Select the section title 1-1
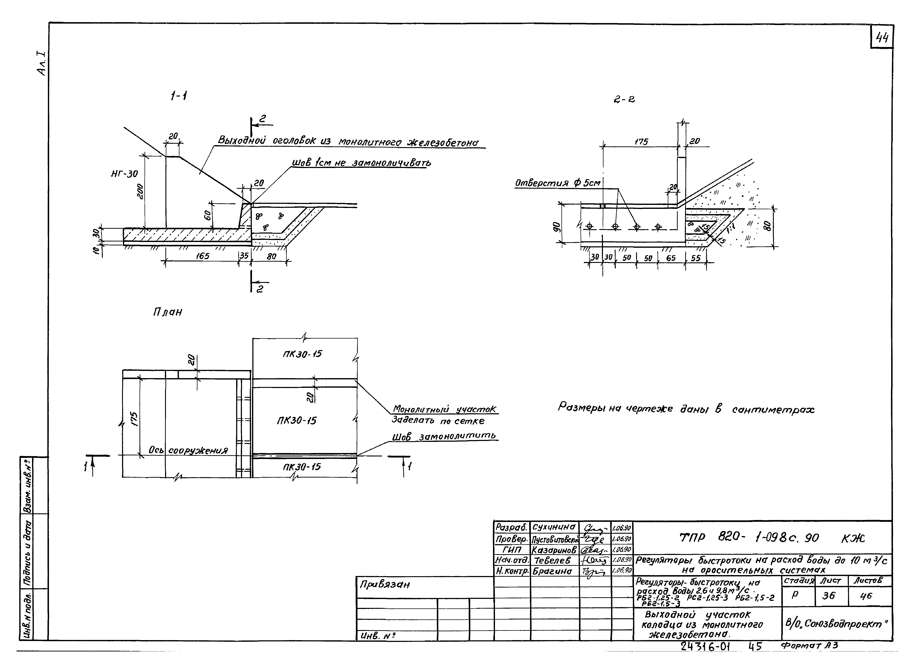point(178,97)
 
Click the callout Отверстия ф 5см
point(557,183)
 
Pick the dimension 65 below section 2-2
point(671,258)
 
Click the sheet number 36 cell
point(829,595)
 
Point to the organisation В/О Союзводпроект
point(836,624)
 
